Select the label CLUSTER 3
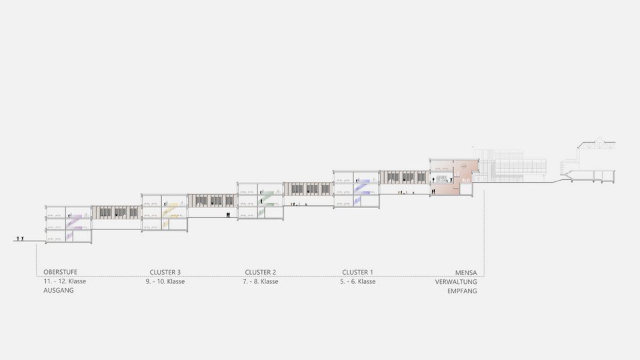(x=165, y=272)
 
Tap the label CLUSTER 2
(x=260, y=272)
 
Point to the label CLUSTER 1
(x=358, y=272)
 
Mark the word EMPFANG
(x=461, y=291)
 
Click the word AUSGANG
(x=59, y=291)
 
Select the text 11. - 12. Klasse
(x=65, y=282)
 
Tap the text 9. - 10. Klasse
(x=165, y=282)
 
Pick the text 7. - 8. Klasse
(x=260, y=282)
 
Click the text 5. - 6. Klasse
(x=358, y=282)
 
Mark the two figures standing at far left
(x=22, y=237)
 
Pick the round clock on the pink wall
(x=464, y=164)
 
